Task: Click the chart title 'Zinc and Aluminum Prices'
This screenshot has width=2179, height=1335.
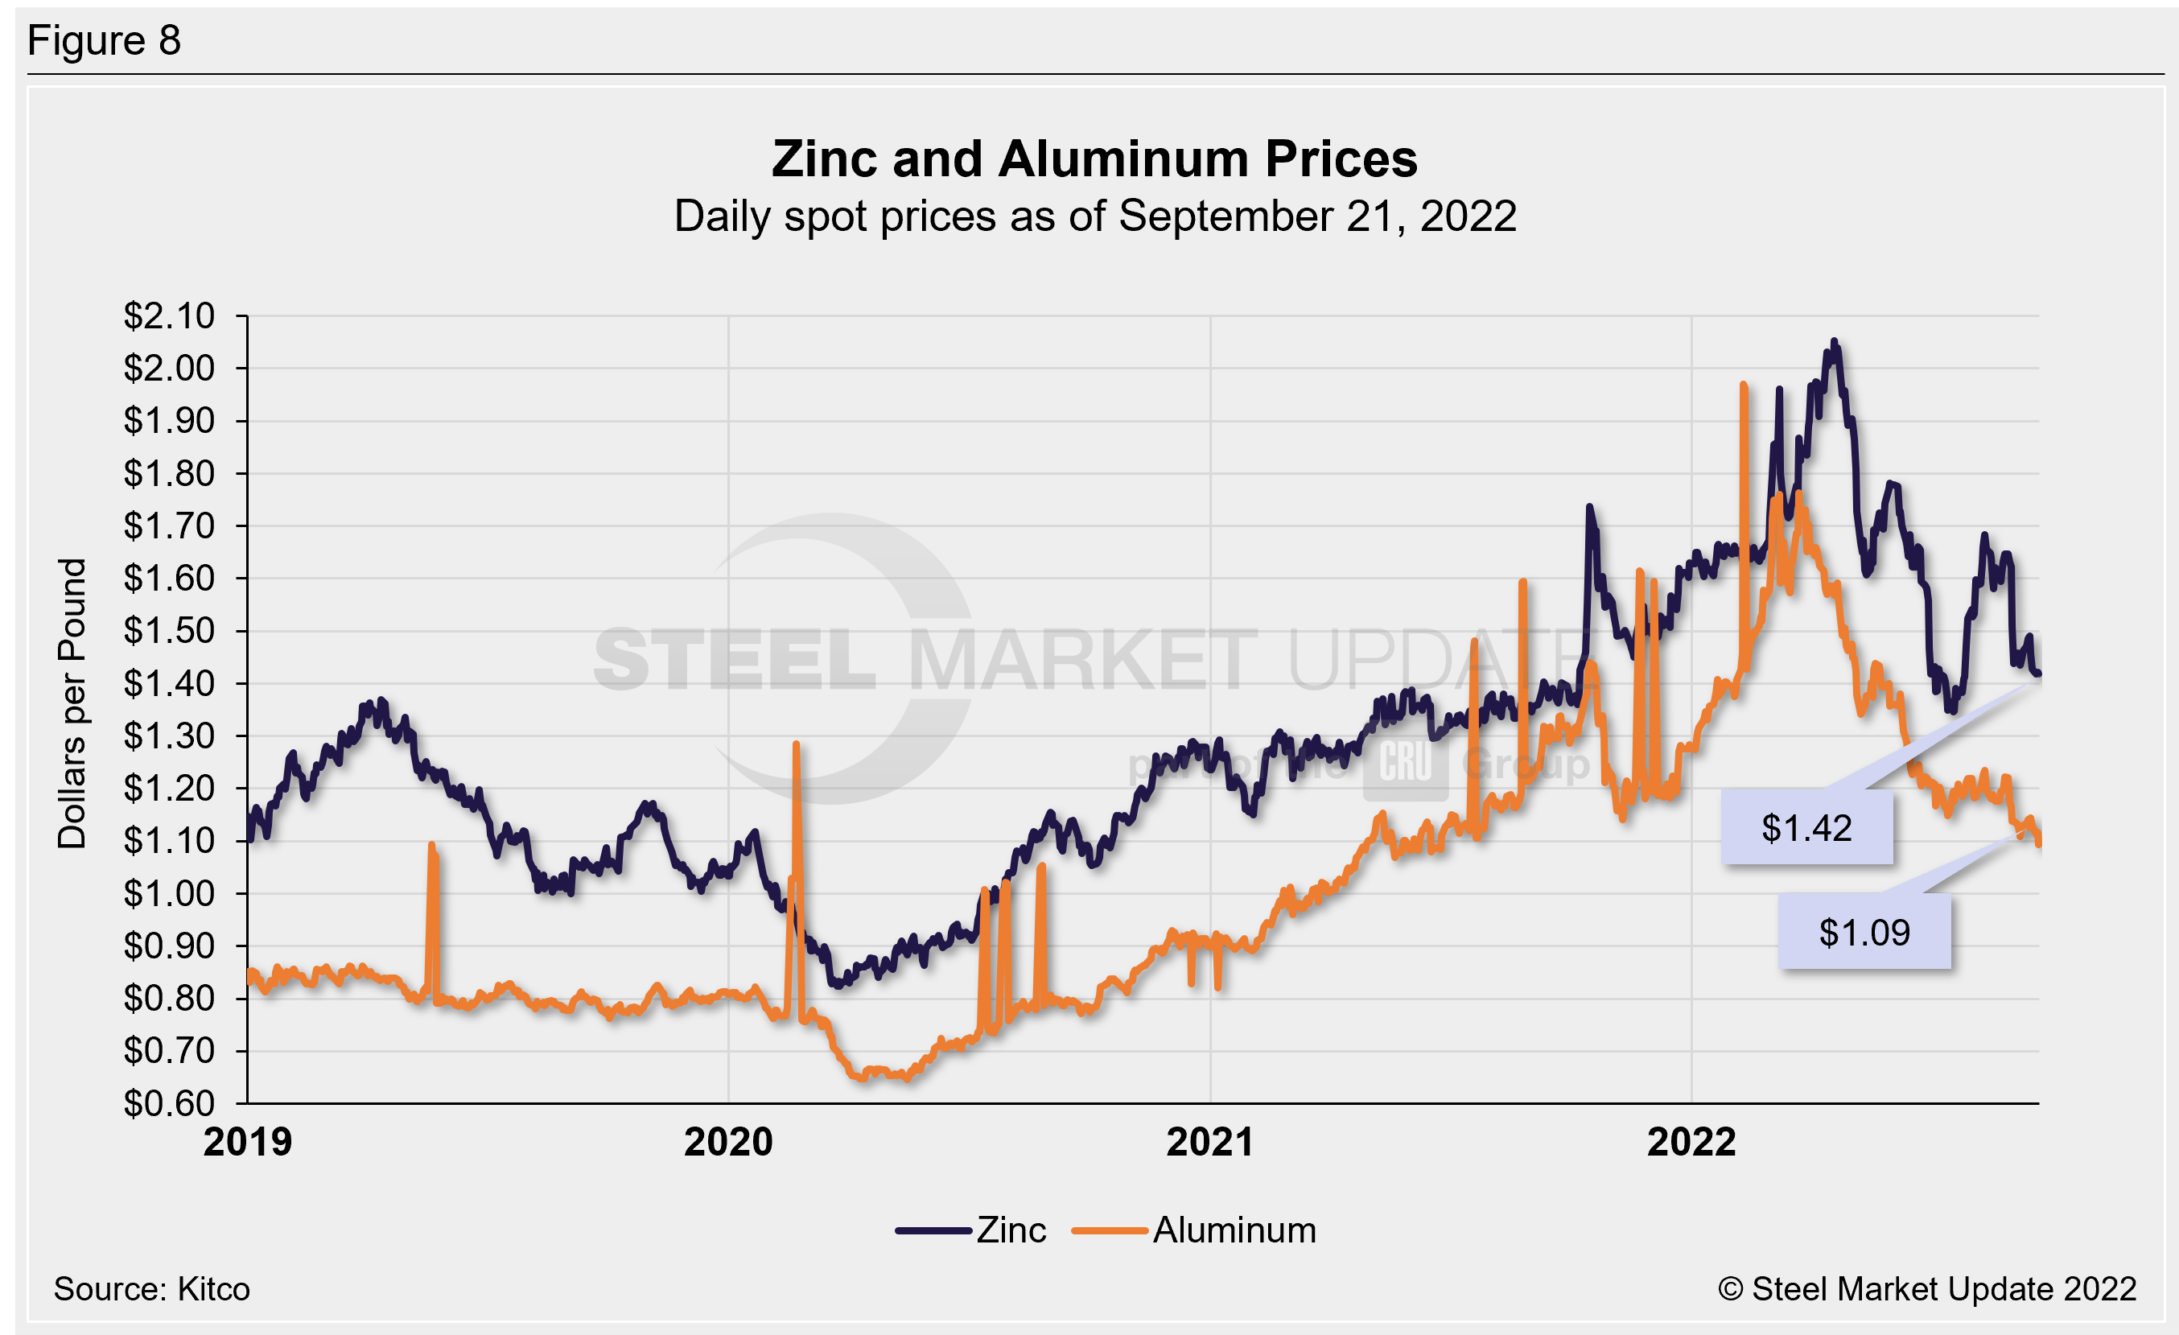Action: (x=1094, y=159)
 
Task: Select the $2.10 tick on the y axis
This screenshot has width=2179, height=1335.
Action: (x=169, y=315)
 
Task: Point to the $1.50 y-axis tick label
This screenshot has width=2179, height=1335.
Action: (x=169, y=630)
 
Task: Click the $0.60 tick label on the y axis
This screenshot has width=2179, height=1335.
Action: (x=169, y=1102)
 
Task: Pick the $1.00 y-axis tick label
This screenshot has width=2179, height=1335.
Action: (x=169, y=893)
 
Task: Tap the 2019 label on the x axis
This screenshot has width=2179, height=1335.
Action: (x=248, y=1142)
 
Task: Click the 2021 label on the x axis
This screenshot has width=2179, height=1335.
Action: (x=1209, y=1142)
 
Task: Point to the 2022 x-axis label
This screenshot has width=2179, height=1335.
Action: (x=1691, y=1142)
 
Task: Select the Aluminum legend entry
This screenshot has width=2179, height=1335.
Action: (x=1194, y=1230)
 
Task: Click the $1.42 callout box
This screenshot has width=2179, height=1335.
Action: (x=1806, y=828)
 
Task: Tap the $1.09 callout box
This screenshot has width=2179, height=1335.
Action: (x=1864, y=933)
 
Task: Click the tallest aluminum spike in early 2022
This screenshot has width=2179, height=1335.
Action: (x=1743, y=385)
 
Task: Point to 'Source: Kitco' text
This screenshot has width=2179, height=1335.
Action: (x=151, y=1289)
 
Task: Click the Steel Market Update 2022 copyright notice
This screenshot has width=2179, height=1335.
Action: (x=1927, y=1289)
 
